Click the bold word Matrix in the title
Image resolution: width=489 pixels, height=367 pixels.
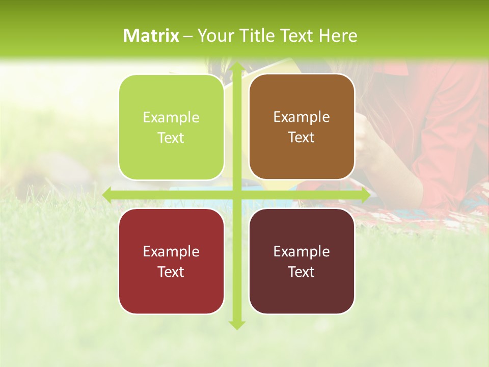coord(151,36)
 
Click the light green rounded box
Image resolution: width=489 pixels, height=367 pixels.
coord(171,127)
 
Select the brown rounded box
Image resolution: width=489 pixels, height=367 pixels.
coord(302,127)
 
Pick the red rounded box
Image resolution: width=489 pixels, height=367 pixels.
coord(171,261)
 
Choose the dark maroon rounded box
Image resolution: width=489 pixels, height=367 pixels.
coord(302,261)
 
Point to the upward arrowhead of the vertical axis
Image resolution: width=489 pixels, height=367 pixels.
coord(236,67)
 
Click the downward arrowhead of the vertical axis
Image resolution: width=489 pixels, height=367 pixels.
coord(236,324)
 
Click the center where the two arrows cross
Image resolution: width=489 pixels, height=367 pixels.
coord(236,195)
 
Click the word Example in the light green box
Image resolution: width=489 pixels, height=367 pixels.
coord(171,118)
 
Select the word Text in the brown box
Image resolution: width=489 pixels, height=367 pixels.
coord(302,138)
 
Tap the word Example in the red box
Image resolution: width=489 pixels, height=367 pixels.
coord(171,251)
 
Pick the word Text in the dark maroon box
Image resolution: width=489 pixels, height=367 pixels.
coord(302,272)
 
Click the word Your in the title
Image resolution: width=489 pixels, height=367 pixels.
coord(213,36)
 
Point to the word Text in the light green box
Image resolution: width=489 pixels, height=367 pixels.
coord(171,138)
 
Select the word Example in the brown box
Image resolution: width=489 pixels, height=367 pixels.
coord(302,117)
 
